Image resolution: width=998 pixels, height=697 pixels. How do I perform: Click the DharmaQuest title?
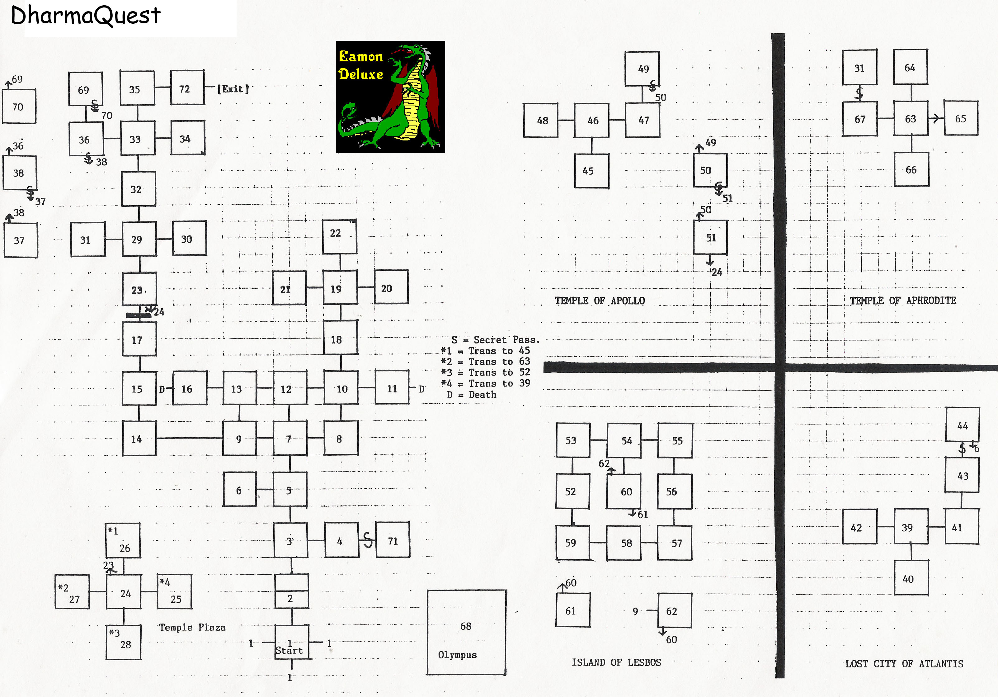click(86, 16)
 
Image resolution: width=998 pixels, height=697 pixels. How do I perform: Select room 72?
click(187, 88)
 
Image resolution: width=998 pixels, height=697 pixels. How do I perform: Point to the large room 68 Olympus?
click(466, 632)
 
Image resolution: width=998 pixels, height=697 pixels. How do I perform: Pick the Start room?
click(292, 642)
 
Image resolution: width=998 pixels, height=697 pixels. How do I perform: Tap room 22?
click(340, 237)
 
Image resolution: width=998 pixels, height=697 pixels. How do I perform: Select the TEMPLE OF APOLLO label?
click(600, 301)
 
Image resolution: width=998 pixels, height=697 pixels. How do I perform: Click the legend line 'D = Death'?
click(472, 395)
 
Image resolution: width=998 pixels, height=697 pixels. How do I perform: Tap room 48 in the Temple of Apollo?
click(541, 121)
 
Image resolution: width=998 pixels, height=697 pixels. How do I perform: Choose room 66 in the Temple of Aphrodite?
click(911, 169)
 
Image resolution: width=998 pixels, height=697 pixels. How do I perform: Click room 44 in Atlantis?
click(963, 425)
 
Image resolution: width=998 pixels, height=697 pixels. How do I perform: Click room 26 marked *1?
click(123, 540)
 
